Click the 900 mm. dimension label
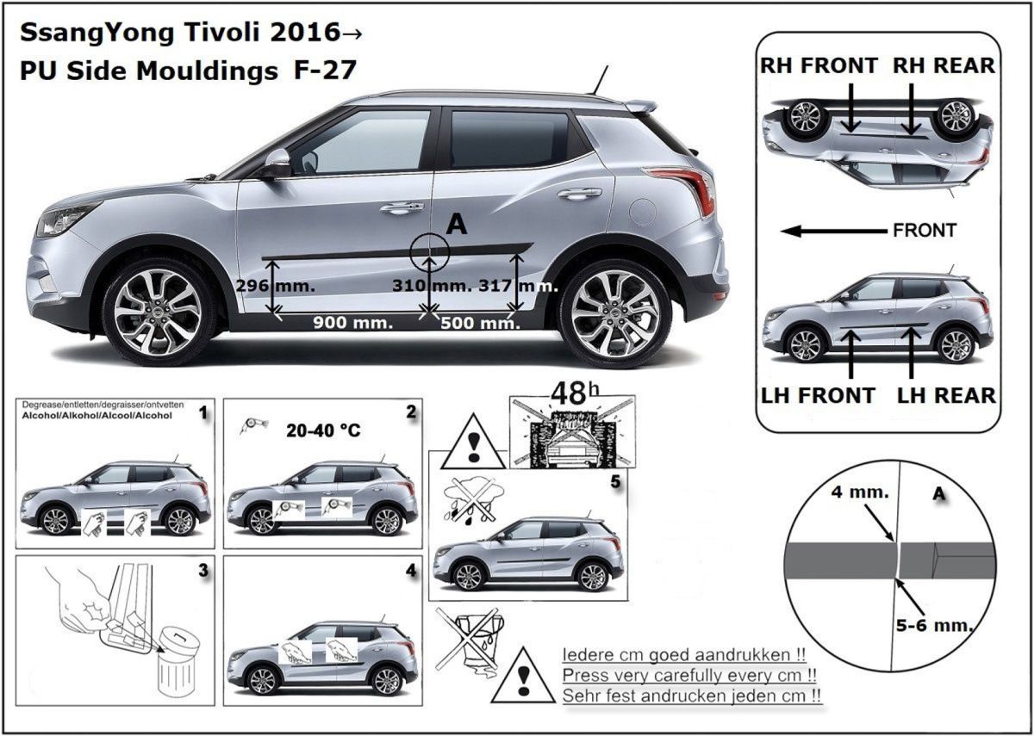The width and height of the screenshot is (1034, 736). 352,324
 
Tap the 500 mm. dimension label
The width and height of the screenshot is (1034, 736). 481,324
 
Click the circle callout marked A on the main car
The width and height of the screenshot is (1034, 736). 430,251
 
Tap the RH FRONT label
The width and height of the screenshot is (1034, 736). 819,65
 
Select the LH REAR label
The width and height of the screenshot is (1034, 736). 946,395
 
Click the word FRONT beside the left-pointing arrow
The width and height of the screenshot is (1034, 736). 925,231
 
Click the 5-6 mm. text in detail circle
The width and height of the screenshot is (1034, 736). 943,624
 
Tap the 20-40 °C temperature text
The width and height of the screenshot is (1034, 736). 323,430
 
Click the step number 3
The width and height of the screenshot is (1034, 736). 202,570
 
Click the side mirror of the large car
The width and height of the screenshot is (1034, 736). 277,161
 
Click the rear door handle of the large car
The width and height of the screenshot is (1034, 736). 579,194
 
